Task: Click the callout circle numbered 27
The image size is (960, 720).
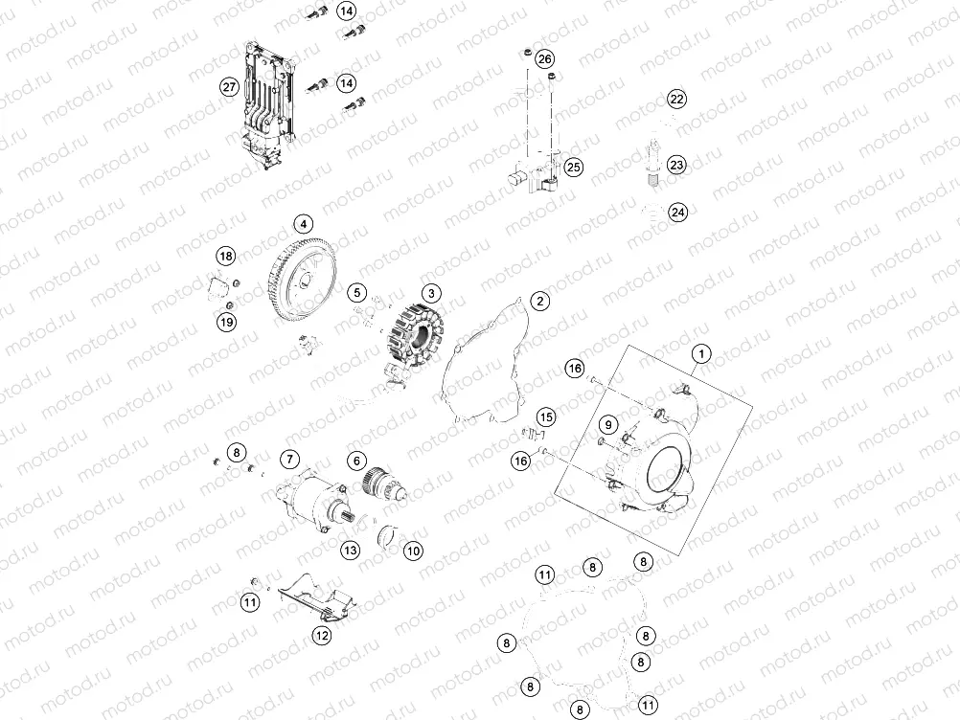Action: [229, 87]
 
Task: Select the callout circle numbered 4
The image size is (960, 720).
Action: [303, 225]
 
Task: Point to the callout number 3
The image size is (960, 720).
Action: [431, 293]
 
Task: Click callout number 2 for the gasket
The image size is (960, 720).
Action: [540, 301]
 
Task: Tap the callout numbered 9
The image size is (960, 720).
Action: [607, 424]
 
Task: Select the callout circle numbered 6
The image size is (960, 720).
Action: [355, 461]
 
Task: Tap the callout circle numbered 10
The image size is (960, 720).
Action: [412, 551]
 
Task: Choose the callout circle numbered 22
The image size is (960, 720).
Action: [676, 99]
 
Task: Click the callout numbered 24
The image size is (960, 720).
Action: [677, 212]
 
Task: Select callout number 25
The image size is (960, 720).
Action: [573, 168]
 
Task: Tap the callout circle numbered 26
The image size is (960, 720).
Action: [544, 59]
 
